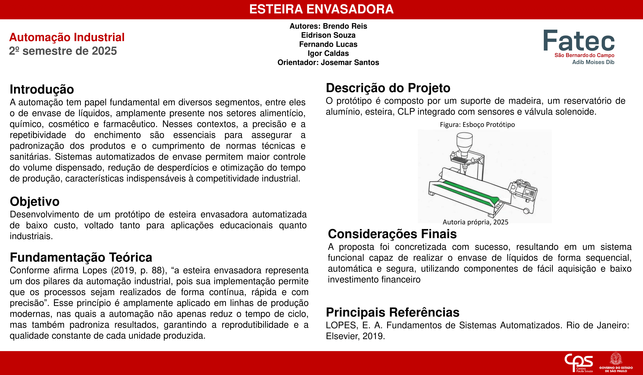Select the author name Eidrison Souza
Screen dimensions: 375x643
click(328, 35)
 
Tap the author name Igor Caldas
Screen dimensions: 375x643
click(328, 53)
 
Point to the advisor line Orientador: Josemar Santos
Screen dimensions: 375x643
click(328, 63)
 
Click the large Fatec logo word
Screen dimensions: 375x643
click(579, 41)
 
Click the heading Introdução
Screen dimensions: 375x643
click(42, 89)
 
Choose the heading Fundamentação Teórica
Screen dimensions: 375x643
click(81, 257)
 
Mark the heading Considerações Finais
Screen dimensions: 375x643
click(392, 234)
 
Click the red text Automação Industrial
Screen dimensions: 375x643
click(67, 37)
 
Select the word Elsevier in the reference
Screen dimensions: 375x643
click(342, 336)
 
